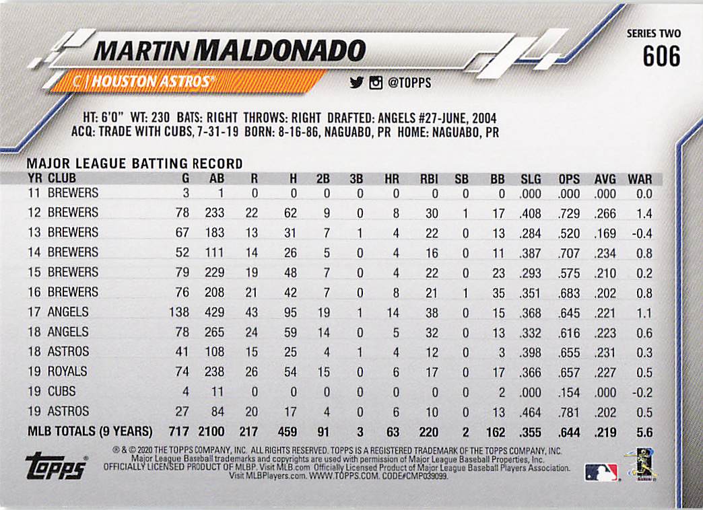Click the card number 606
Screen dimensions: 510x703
pyautogui.click(x=661, y=57)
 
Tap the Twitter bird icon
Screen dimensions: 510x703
pyautogui.click(x=356, y=83)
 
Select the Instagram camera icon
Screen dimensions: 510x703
pyautogui.click(x=376, y=83)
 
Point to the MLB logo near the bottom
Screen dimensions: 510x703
pyautogui.click(x=601, y=472)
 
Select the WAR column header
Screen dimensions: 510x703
pyautogui.click(x=639, y=179)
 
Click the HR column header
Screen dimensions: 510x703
pyautogui.click(x=391, y=179)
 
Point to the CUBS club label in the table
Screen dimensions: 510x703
pyautogui.click(x=61, y=392)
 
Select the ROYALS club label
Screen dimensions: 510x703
pyautogui.click(x=67, y=371)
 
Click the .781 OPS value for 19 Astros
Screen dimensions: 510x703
pyautogui.click(x=568, y=412)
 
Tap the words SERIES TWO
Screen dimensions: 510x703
pyautogui.click(x=653, y=34)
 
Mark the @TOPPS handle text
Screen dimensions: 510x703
pyautogui.click(x=409, y=83)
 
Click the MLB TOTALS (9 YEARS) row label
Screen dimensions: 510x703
pyautogui.click(x=90, y=432)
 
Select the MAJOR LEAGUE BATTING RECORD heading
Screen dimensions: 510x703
pyautogui.click(x=134, y=163)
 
